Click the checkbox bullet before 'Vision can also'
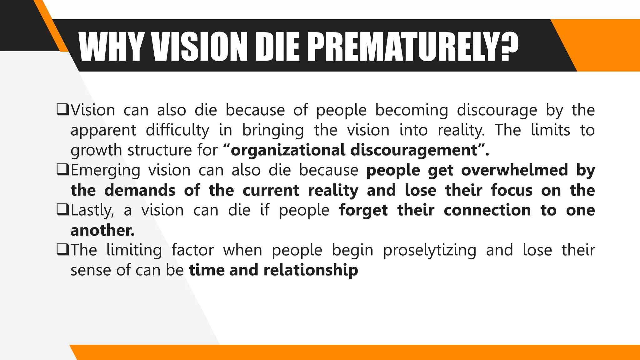point(62,110)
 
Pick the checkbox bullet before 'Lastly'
point(62,210)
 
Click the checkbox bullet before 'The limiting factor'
point(62,250)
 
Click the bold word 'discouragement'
point(414,150)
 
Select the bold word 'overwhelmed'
point(514,170)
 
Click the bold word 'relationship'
point(311,270)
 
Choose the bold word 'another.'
point(102,230)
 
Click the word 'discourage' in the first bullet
point(497,110)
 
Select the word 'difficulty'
point(177,130)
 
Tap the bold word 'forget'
point(363,210)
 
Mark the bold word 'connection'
point(487,210)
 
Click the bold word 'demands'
point(140,190)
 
